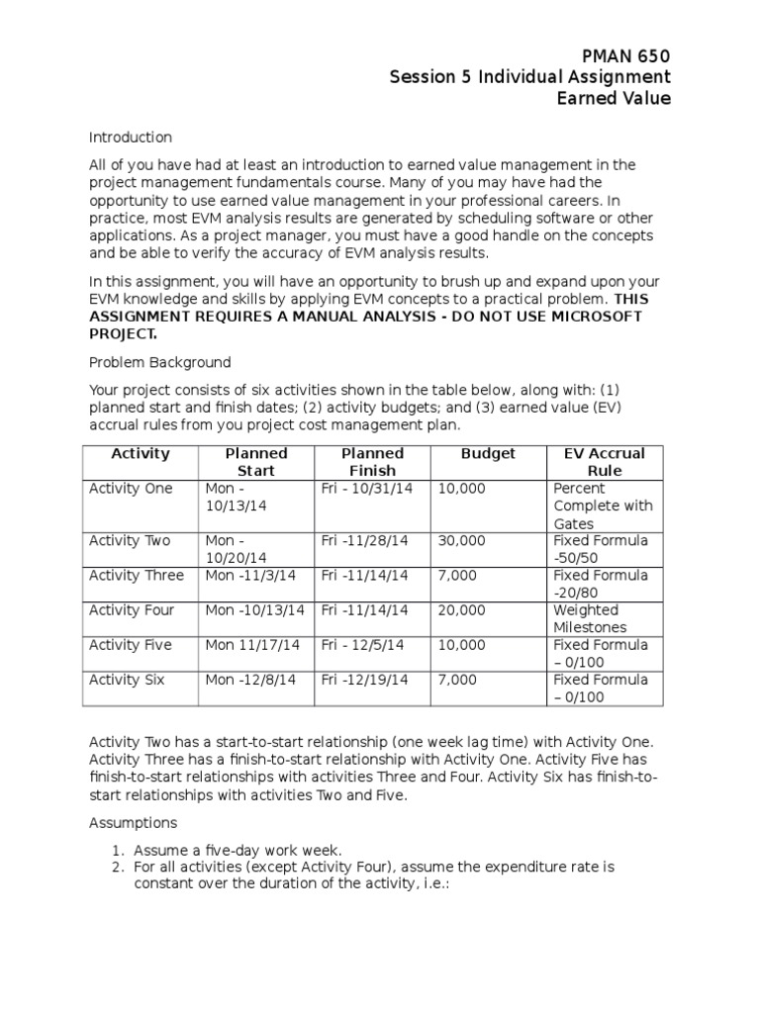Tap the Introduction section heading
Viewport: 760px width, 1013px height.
(x=131, y=138)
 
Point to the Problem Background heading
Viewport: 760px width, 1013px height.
(x=160, y=362)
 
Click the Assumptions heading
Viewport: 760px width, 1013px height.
(x=133, y=822)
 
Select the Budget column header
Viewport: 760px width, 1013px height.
(x=488, y=454)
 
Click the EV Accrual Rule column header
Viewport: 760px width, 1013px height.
(x=604, y=462)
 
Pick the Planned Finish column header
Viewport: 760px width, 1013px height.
(x=372, y=462)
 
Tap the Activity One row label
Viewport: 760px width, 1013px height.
(x=131, y=489)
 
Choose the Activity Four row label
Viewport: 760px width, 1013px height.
(x=132, y=610)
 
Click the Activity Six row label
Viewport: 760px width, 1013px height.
(x=129, y=680)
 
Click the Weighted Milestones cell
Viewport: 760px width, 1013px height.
(x=590, y=618)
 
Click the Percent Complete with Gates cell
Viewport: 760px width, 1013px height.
(x=603, y=506)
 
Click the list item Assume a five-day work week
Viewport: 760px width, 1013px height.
(x=238, y=850)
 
